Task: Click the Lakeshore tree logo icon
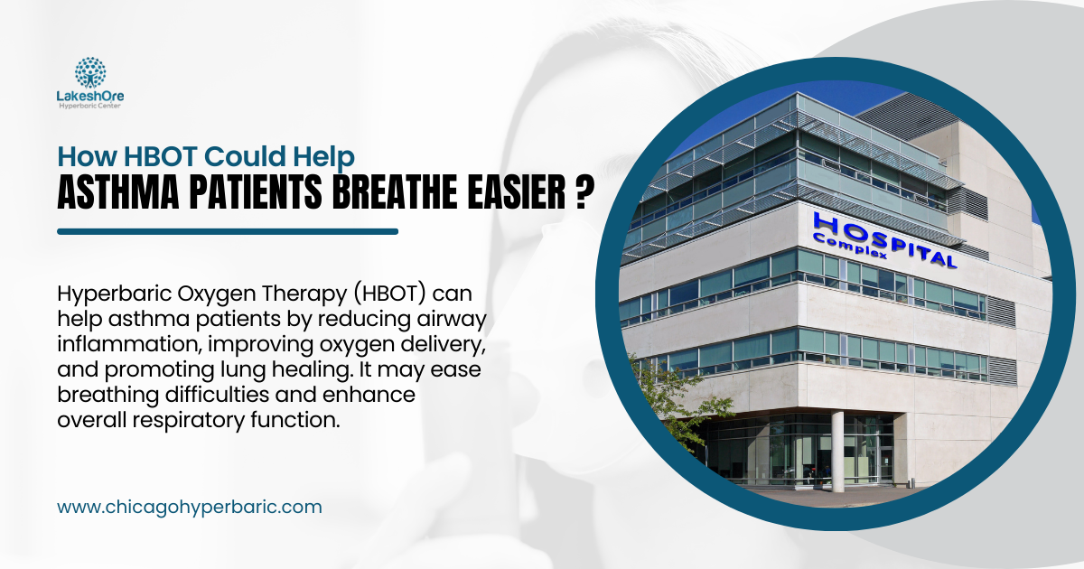(x=90, y=72)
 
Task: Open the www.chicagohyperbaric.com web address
(x=189, y=507)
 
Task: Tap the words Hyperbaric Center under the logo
(x=90, y=107)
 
